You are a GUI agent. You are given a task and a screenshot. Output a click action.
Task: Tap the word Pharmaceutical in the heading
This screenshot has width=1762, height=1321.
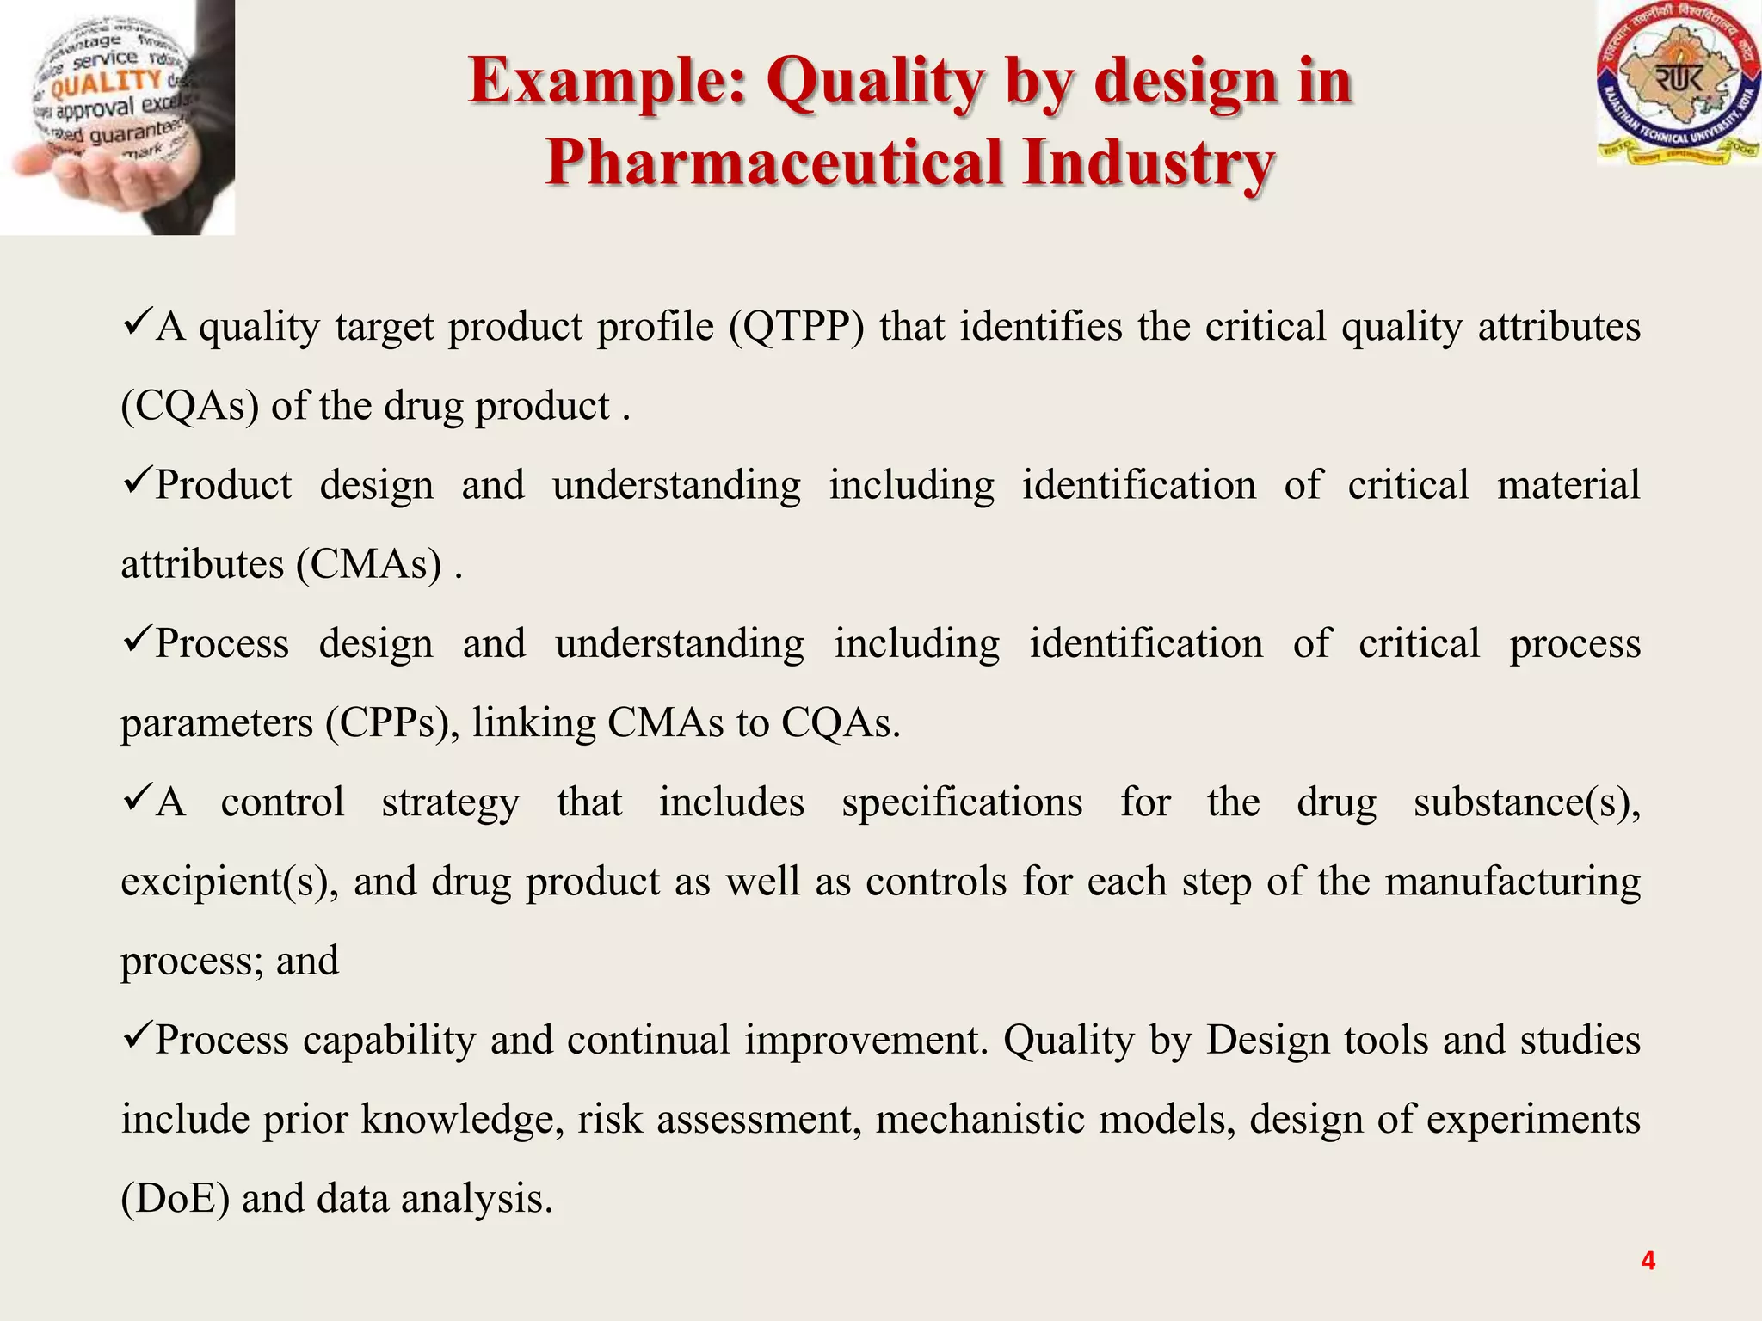coord(774,163)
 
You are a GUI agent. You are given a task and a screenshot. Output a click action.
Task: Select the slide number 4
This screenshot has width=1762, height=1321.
coord(1648,1261)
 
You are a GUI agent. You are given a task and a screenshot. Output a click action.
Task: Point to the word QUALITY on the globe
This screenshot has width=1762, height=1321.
coord(106,83)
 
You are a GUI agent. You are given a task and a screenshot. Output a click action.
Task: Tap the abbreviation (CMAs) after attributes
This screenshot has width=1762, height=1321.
coord(368,565)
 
